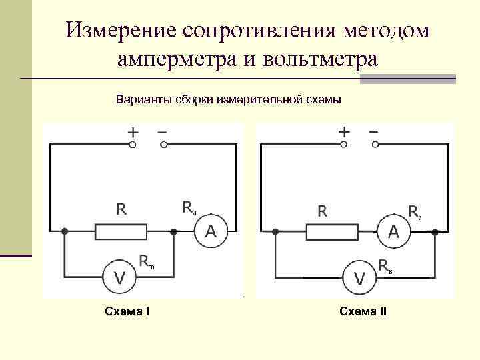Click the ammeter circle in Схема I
coord(211,231)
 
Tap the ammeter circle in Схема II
coord(394,231)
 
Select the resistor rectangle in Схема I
coord(121,231)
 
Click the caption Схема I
coord(127,311)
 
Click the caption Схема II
coord(363,311)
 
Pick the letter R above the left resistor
coord(121,210)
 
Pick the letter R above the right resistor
coord(322,211)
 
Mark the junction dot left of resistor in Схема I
coord(65,231)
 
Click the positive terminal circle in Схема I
coord(133,143)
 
